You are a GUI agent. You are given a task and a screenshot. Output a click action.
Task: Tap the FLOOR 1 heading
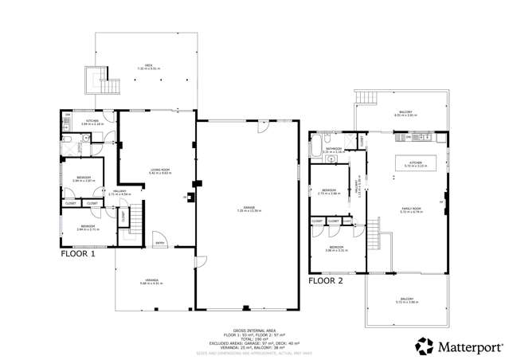(78, 255)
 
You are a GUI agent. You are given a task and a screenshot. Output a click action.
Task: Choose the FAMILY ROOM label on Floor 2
(410, 209)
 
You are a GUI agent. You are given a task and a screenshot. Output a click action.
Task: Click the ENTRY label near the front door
(159, 244)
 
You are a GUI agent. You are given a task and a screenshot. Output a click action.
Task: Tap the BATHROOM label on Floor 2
(333, 149)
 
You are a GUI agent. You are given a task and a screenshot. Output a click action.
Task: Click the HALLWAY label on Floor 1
(96, 192)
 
